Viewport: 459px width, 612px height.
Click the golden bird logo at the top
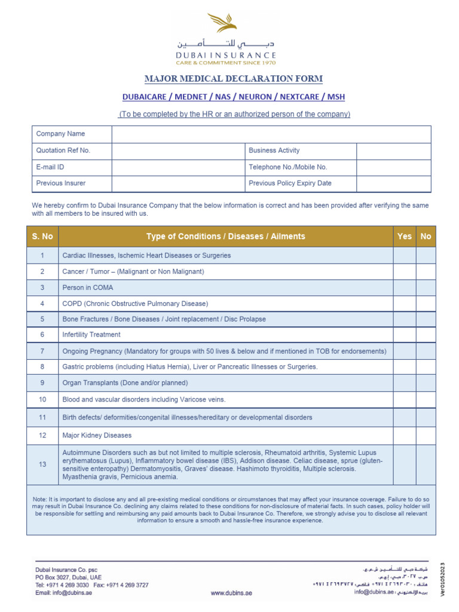point(222,25)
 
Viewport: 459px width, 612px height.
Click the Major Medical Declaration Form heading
point(234,79)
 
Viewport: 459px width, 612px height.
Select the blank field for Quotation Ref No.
point(178,151)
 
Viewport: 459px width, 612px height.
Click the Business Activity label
point(274,151)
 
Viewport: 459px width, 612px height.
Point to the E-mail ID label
point(50,167)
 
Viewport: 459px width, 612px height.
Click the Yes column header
point(405,237)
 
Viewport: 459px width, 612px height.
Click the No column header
point(426,237)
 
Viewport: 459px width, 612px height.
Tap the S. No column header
point(42,237)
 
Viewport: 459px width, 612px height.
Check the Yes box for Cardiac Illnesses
point(405,255)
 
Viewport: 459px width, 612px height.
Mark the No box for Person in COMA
point(426,287)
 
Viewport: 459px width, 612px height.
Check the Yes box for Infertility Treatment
point(405,335)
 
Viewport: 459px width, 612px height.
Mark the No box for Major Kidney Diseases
point(426,436)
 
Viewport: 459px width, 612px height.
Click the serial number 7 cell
point(42,351)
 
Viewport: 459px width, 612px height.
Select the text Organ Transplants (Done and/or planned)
point(125,383)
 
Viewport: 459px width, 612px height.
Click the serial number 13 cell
point(42,464)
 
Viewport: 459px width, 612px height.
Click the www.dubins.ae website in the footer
point(232,593)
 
